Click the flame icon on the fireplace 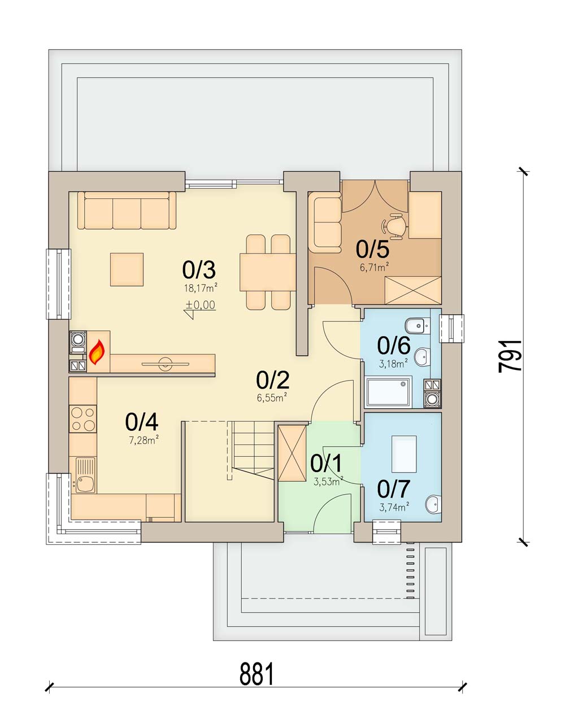97,352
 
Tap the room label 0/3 199,270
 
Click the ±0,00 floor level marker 200,306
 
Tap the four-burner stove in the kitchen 82,418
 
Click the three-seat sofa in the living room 127,211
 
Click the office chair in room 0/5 394,225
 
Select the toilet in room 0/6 415,325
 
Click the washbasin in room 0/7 433,504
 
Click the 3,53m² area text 328,482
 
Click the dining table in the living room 268,272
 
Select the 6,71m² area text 373,267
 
